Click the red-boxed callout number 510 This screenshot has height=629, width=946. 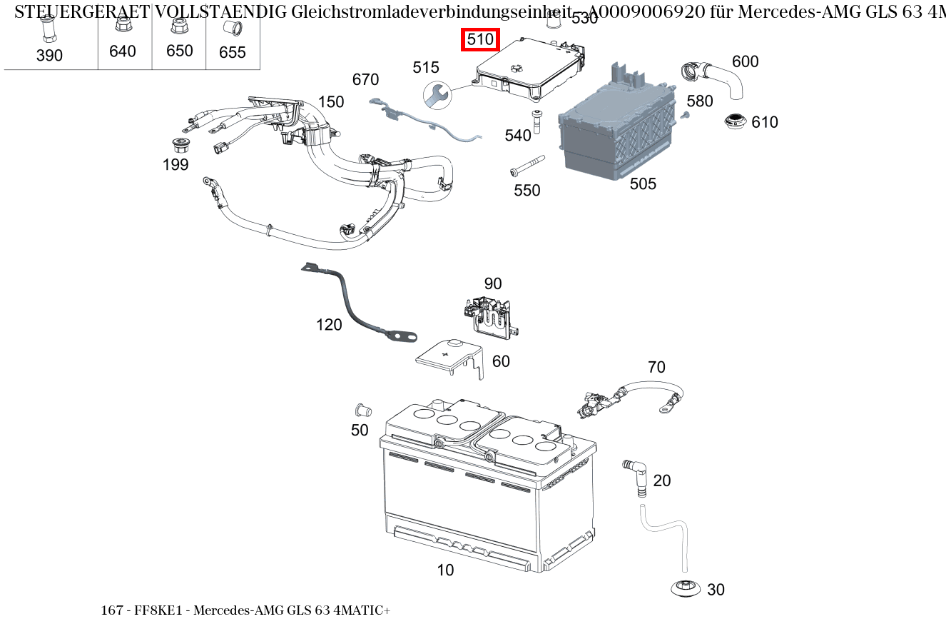point(480,40)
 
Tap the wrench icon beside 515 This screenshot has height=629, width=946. point(436,94)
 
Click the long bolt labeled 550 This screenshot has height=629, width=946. point(527,165)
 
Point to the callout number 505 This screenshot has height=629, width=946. point(643,184)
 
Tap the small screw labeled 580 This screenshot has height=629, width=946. point(685,114)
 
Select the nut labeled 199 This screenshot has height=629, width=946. point(182,144)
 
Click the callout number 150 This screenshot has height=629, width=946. point(331,102)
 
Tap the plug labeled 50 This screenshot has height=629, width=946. point(362,411)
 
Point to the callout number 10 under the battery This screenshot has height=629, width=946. point(445,570)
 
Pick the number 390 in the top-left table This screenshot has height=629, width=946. point(49,56)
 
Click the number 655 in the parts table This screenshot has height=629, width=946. point(233,53)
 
